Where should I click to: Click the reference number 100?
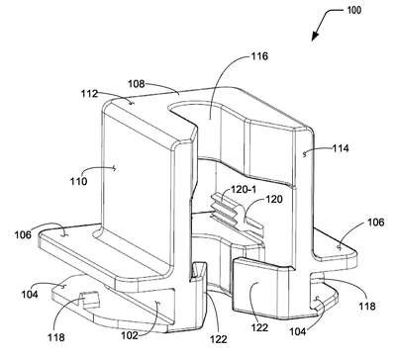coord(354,10)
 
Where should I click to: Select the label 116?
coord(259,56)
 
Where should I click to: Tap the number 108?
coord(137,84)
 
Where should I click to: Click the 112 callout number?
coord(90,94)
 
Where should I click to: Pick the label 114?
coord(341,148)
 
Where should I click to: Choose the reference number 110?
coord(78,181)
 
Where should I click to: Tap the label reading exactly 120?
coord(273,199)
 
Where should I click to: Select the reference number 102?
coord(130,335)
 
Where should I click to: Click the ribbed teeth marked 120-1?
coord(224,207)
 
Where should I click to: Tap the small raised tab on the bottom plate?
coord(89,300)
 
